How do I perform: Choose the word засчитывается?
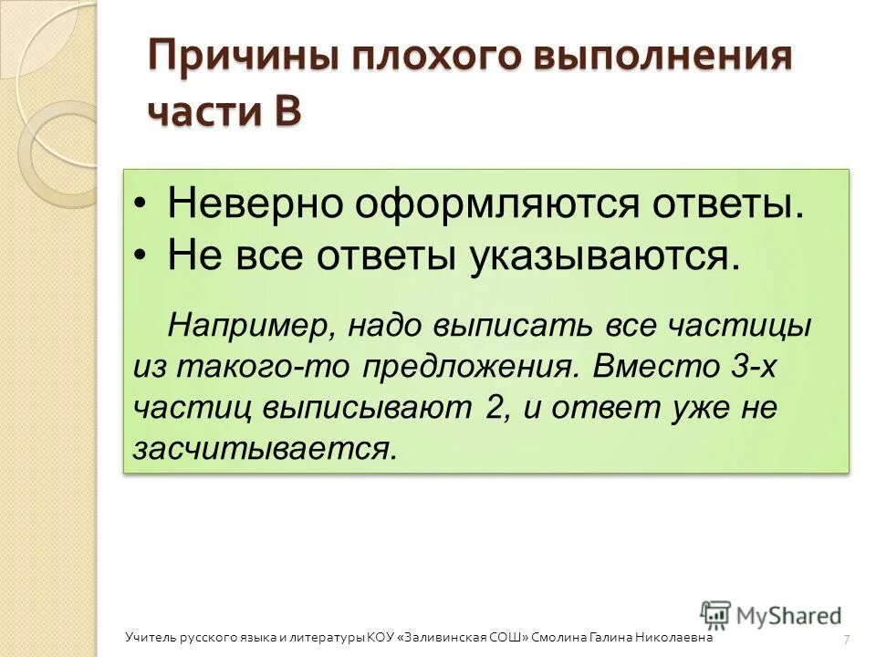pyautogui.click(x=266, y=449)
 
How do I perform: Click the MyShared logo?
pyautogui.click(x=772, y=616)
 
